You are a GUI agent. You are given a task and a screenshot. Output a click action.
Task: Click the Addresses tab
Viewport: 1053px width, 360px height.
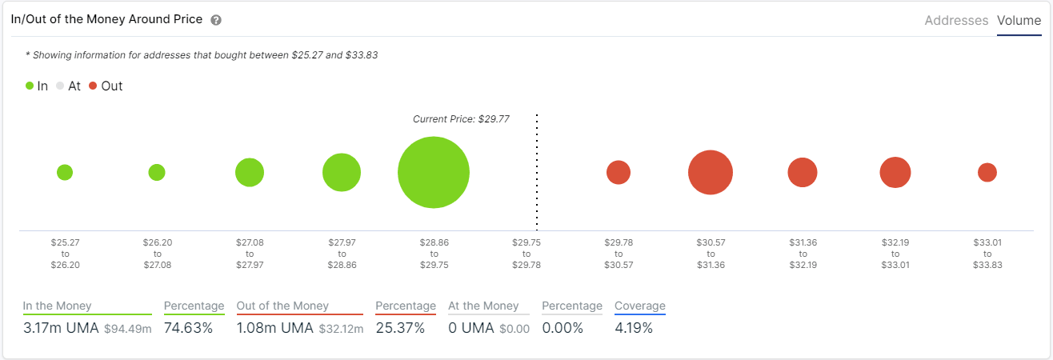point(956,21)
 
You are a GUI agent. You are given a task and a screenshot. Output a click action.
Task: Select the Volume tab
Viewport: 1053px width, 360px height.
point(1019,21)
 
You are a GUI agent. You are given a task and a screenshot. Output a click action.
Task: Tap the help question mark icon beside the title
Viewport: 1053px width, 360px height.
point(216,20)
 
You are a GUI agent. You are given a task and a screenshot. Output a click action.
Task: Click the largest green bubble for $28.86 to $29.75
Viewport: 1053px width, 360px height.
point(434,172)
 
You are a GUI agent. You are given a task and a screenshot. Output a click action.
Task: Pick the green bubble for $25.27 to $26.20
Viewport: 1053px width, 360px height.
point(65,172)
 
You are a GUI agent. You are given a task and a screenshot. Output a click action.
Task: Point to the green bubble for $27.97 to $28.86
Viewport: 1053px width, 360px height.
point(342,172)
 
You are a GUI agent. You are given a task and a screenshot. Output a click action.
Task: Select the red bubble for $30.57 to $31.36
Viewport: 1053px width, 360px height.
point(711,172)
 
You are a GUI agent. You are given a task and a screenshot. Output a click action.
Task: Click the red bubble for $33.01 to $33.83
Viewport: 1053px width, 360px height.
point(987,172)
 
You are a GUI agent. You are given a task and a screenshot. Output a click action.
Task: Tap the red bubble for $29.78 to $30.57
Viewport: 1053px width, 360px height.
point(619,172)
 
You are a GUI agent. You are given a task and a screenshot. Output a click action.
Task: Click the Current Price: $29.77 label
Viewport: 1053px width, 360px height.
point(461,119)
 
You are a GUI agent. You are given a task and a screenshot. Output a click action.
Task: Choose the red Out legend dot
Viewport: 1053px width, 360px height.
point(94,86)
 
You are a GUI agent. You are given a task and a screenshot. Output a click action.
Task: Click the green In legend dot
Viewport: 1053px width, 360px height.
point(30,86)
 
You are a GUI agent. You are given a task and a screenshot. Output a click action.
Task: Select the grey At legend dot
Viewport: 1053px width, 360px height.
point(60,86)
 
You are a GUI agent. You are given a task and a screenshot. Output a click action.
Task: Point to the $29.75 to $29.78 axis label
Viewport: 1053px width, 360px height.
point(526,253)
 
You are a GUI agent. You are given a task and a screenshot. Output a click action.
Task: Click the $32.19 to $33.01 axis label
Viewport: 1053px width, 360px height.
point(895,253)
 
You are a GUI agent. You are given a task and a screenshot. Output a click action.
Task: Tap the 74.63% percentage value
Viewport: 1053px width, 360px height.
point(188,328)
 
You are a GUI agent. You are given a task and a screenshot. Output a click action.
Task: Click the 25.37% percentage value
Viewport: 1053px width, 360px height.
point(399,328)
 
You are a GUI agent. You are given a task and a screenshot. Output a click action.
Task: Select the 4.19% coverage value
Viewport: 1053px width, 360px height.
point(634,328)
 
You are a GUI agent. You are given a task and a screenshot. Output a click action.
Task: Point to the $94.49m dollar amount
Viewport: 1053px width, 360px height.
point(127,329)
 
